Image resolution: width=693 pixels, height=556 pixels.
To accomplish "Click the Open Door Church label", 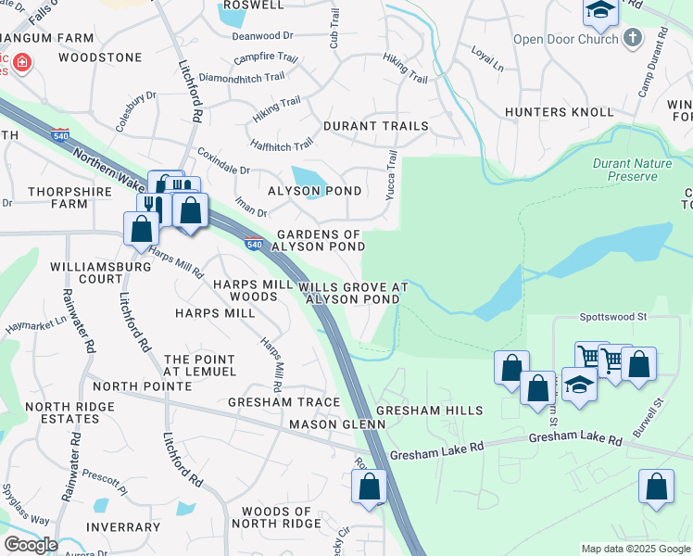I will (565, 40).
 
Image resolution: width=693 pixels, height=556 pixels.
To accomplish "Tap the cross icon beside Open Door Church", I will (633, 38).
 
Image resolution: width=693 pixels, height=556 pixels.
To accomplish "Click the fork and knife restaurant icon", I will (151, 205).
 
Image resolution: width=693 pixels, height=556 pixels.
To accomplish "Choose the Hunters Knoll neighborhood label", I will (559, 112).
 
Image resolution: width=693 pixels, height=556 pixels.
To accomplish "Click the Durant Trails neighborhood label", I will (375, 126).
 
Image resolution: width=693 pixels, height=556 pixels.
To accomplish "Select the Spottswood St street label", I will (612, 316).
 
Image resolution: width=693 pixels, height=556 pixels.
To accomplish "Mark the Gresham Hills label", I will (430, 411).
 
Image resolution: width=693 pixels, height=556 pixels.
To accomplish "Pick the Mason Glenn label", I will (336, 424).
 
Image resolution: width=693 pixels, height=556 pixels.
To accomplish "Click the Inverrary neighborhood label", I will (123, 527).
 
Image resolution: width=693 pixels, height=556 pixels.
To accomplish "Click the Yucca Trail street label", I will (391, 172).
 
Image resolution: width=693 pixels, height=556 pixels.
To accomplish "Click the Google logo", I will (31, 545).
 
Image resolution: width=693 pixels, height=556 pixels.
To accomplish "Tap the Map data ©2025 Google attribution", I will (636, 549).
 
